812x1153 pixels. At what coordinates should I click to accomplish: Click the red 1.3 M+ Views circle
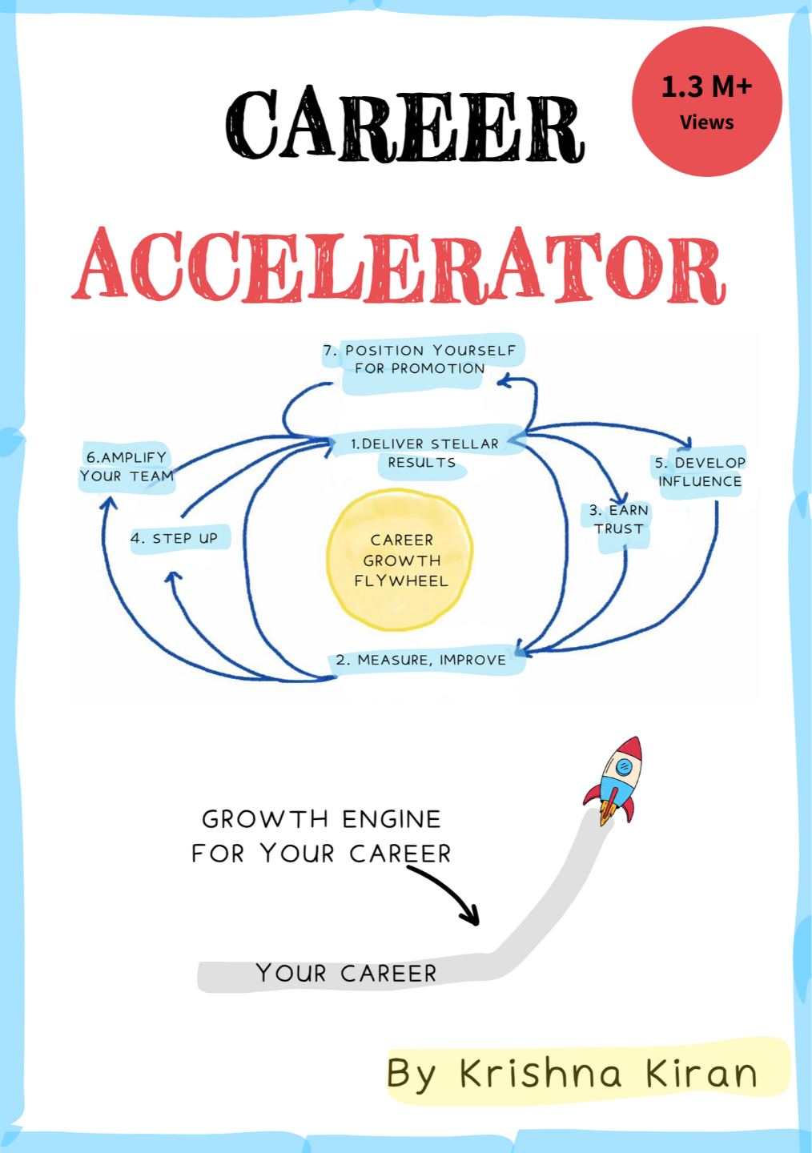pos(706,102)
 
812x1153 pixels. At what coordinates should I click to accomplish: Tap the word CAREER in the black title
pos(405,126)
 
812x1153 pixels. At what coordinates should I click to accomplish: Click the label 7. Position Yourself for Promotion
pos(420,360)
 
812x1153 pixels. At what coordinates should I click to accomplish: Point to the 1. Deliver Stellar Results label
pos(424,452)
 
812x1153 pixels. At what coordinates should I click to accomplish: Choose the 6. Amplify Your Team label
pos(127,467)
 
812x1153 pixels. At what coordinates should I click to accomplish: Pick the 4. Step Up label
pos(175,538)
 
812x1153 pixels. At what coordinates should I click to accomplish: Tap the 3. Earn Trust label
pos(618,520)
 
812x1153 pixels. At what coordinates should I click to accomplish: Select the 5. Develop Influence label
pos(699,472)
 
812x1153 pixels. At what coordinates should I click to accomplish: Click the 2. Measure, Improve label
pos(421,660)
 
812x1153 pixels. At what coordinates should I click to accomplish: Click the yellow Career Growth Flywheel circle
pos(400,560)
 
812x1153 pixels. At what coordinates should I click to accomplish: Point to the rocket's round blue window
pos(624,767)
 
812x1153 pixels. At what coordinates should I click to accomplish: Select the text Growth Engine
pos(321,819)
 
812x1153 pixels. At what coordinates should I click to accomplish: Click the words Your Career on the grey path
pos(346,974)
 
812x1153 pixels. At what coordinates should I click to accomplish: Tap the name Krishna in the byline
pos(541,1074)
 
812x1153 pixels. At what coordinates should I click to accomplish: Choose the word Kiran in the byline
pos(701,1074)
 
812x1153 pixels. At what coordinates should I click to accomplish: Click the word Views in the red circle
pos(706,123)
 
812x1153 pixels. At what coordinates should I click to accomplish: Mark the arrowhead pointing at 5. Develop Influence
pos(685,443)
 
